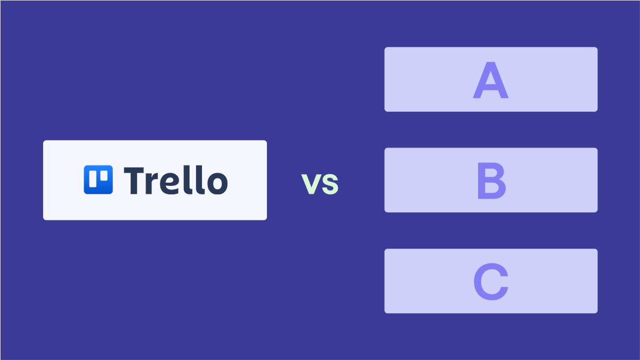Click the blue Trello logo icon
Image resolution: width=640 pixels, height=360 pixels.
98,179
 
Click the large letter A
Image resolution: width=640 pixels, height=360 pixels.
491,82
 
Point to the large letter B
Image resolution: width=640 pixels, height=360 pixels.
491,182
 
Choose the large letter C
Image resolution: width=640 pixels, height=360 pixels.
491,282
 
